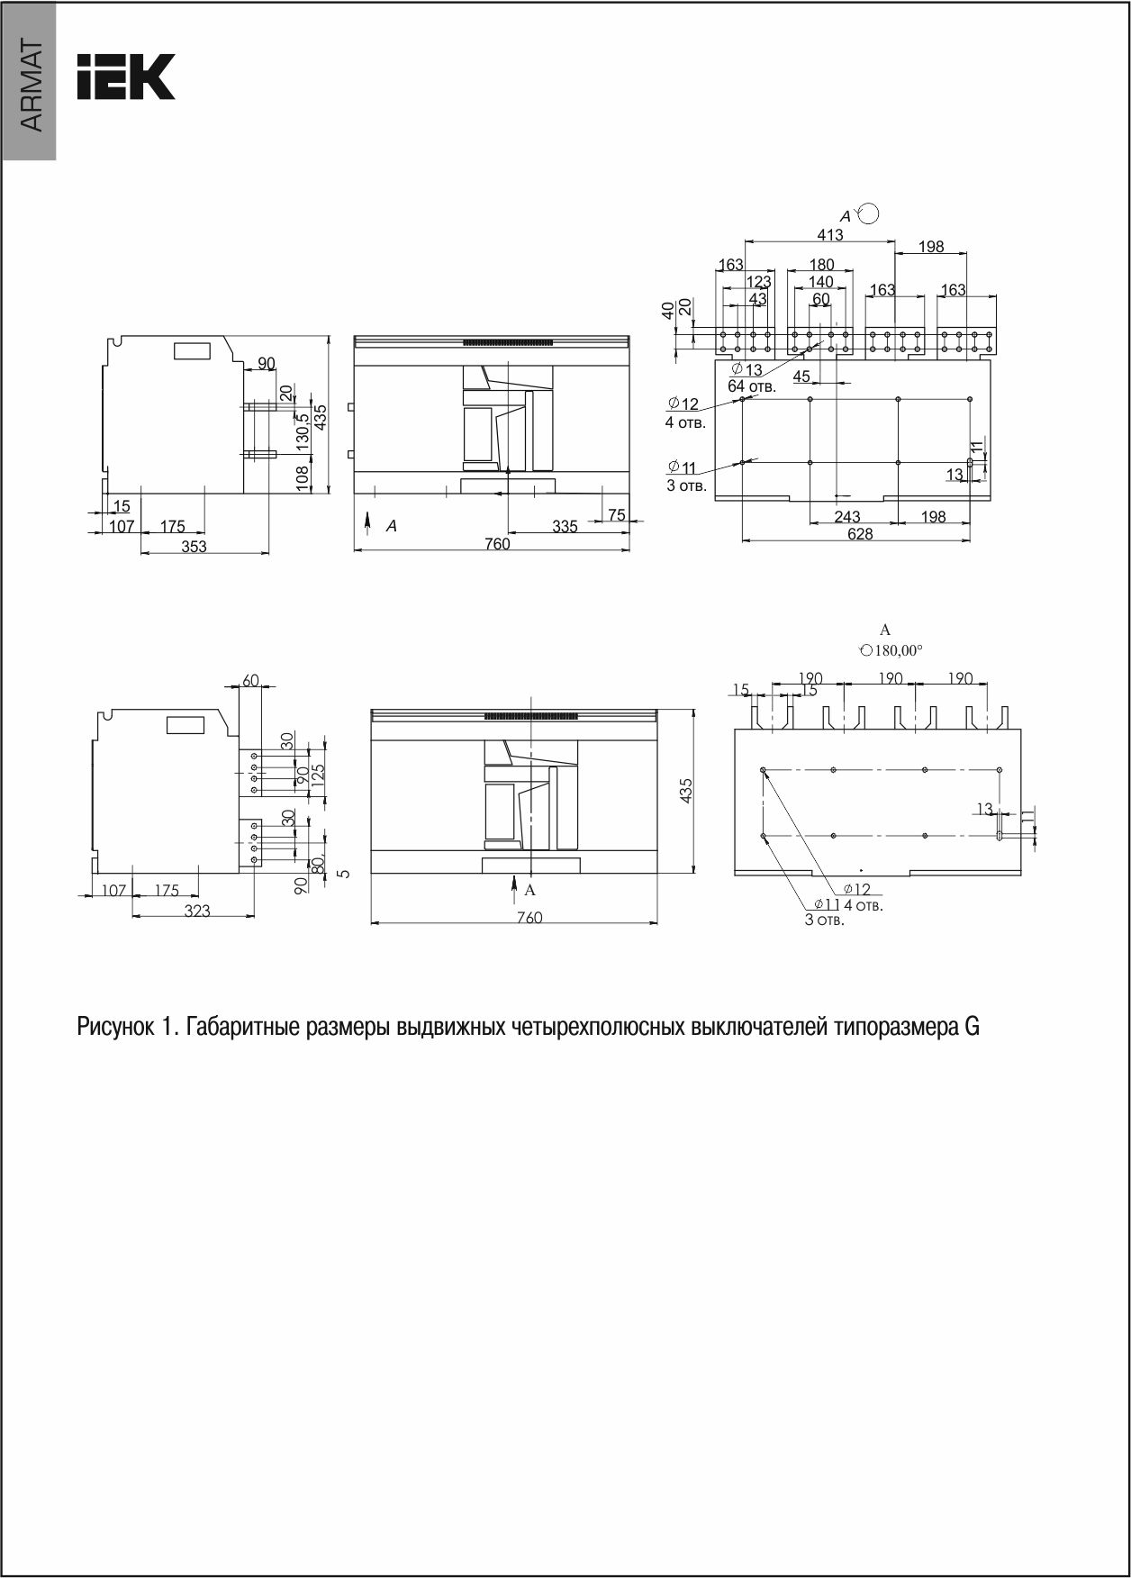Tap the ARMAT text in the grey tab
click(x=30, y=86)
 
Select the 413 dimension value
click(x=829, y=234)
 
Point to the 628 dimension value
click(x=860, y=534)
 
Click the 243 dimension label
click(x=846, y=517)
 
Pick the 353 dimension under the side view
click(x=193, y=547)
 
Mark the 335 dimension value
click(x=565, y=527)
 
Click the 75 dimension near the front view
click(x=616, y=514)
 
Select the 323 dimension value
click(x=196, y=911)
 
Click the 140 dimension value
click(x=820, y=282)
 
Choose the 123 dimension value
click(x=758, y=282)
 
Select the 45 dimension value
click(x=801, y=376)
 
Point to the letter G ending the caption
click(x=972, y=1027)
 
